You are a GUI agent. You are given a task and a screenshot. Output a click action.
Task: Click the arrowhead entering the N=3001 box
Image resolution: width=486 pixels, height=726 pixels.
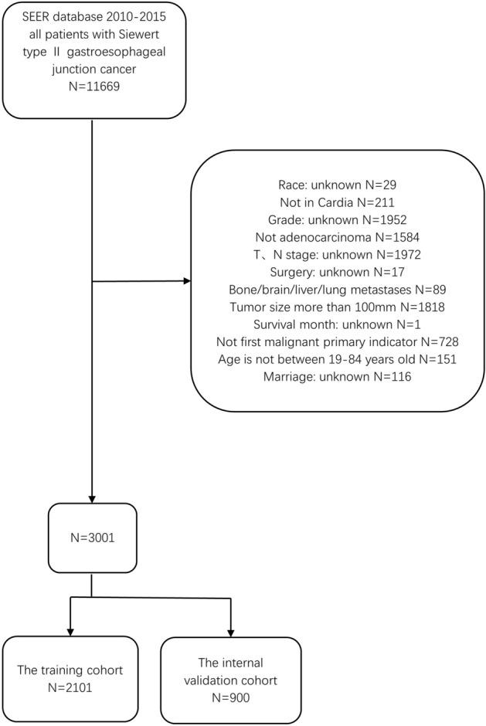tap(92, 499)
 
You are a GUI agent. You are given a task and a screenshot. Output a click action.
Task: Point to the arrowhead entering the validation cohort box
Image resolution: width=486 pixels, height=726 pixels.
tap(230, 632)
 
